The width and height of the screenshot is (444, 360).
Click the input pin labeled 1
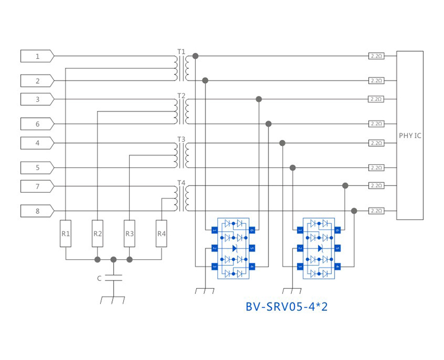pyautogui.click(x=37, y=56)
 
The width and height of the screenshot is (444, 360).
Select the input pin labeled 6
pyautogui.click(x=37, y=124)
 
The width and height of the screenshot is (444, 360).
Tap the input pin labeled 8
pyautogui.click(x=37, y=211)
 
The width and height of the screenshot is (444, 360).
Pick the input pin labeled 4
pyautogui.click(x=37, y=143)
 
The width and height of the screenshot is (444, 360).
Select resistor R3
pyautogui.click(x=130, y=233)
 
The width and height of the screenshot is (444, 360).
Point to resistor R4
pyautogui.click(x=161, y=233)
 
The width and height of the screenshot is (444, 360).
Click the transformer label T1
pyautogui.click(x=181, y=52)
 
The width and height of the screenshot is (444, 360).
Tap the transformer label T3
pyautogui.click(x=181, y=139)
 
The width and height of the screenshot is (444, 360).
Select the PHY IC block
pyautogui.click(x=410, y=135)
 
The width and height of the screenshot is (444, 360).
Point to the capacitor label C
pyautogui.click(x=99, y=278)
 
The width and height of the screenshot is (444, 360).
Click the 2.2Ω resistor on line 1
pyautogui.click(x=376, y=55)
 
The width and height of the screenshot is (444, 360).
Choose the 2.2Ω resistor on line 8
pyautogui.click(x=376, y=211)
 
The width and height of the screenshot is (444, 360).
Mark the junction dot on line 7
pyautogui.click(x=345, y=186)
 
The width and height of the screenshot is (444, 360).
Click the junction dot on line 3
pyautogui.click(x=259, y=99)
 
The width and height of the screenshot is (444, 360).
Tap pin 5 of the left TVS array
pyautogui.click(x=252, y=248)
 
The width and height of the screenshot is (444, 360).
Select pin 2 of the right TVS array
pyautogui.click(x=300, y=248)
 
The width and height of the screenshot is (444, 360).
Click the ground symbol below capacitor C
pyautogui.click(x=113, y=299)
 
